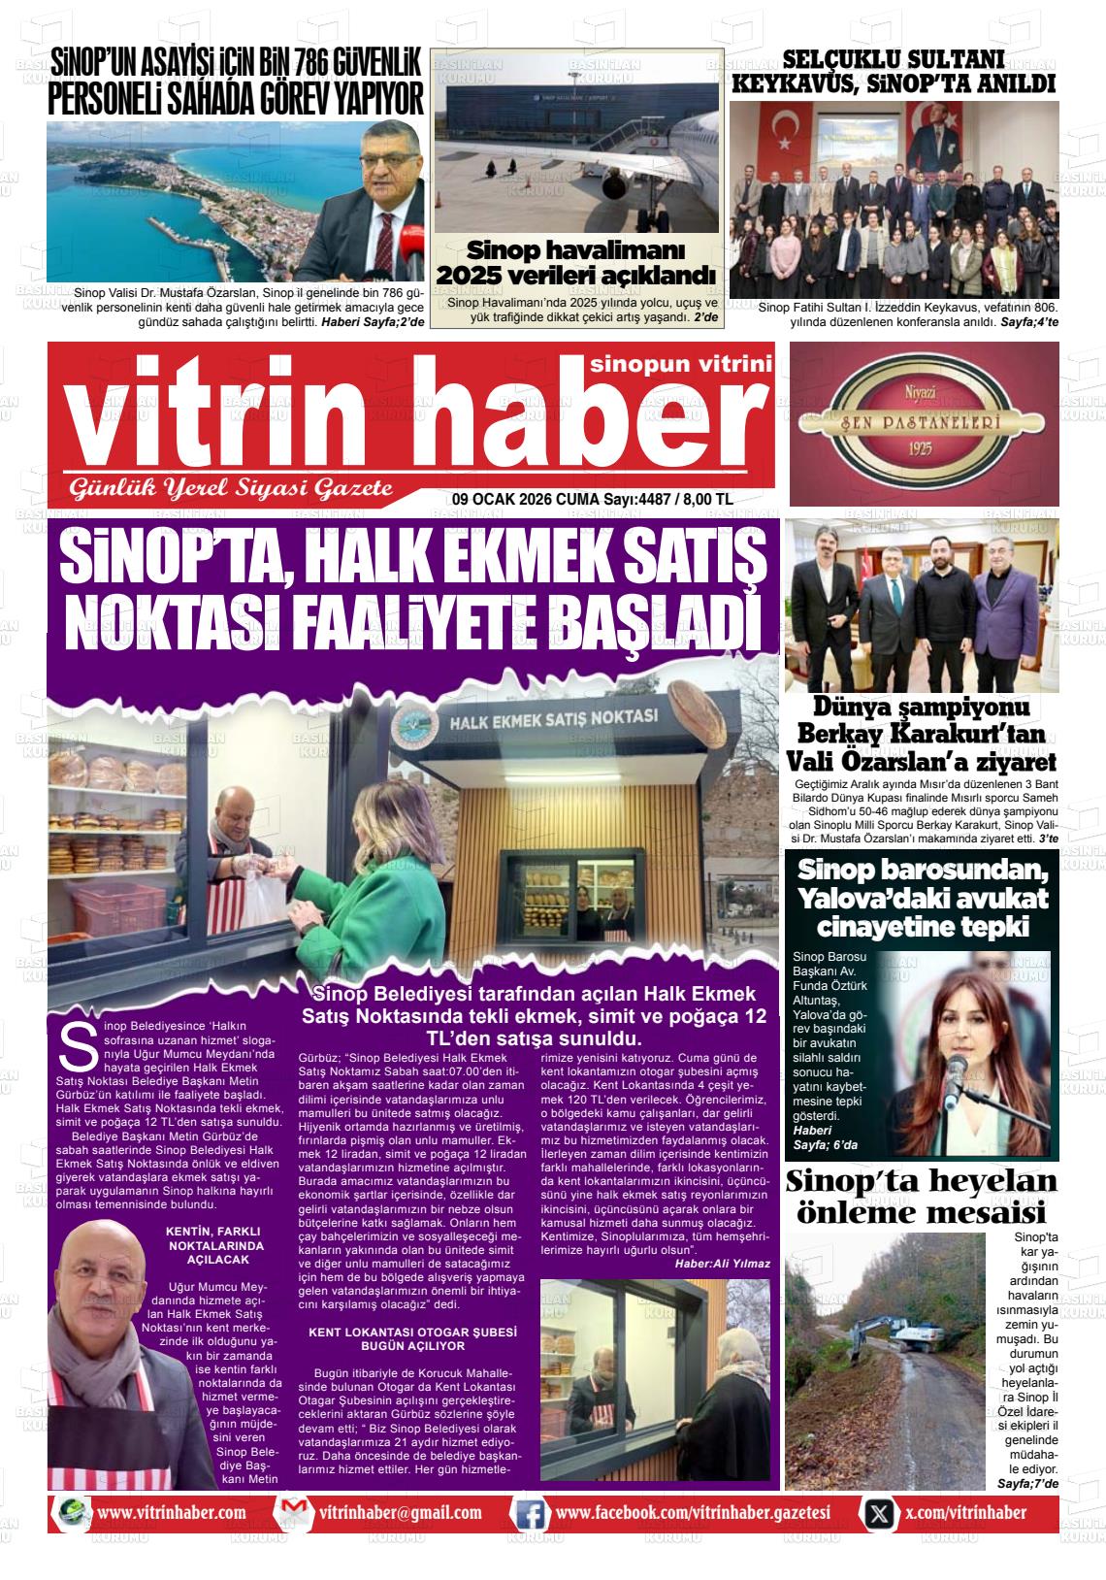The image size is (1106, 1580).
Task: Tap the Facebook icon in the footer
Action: point(528,1513)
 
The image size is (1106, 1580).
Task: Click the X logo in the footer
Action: point(879,1513)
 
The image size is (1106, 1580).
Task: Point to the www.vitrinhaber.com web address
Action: point(172,1513)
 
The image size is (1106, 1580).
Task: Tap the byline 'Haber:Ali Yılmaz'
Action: point(722,1263)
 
